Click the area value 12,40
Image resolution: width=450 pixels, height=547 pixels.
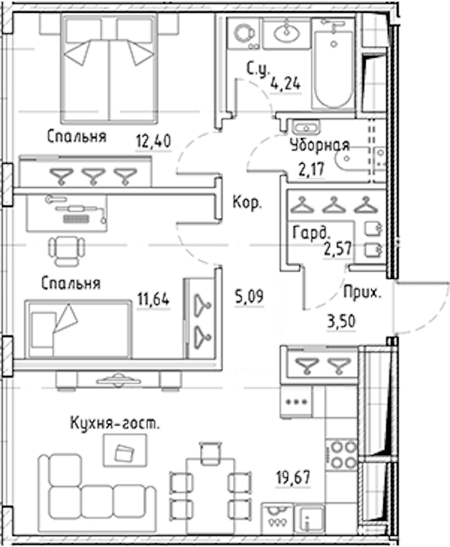(x=154, y=141)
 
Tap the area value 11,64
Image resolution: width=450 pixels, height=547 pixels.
(x=154, y=300)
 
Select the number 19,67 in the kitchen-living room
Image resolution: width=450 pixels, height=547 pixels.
(x=293, y=478)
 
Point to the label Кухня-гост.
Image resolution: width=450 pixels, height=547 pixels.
(x=115, y=423)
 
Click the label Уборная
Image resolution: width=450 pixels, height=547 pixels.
(x=319, y=145)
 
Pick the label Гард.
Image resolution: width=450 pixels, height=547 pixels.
(x=311, y=233)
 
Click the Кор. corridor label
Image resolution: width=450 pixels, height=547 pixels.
(x=248, y=202)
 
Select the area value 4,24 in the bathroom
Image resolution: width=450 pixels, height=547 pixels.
(x=285, y=83)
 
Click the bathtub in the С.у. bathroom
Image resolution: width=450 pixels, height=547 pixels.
(x=333, y=64)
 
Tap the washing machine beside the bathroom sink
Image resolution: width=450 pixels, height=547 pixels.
(x=243, y=33)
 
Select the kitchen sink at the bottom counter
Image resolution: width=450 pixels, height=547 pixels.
(x=309, y=520)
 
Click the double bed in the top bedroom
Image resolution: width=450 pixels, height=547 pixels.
(x=109, y=69)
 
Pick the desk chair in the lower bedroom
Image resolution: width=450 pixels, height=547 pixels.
(x=67, y=251)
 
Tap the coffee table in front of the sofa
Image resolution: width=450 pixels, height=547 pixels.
(x=125, y=451)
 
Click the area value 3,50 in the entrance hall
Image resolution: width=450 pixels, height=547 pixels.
(x=341, y=321)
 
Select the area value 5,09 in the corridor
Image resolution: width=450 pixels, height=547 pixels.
(x=249, y=296)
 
